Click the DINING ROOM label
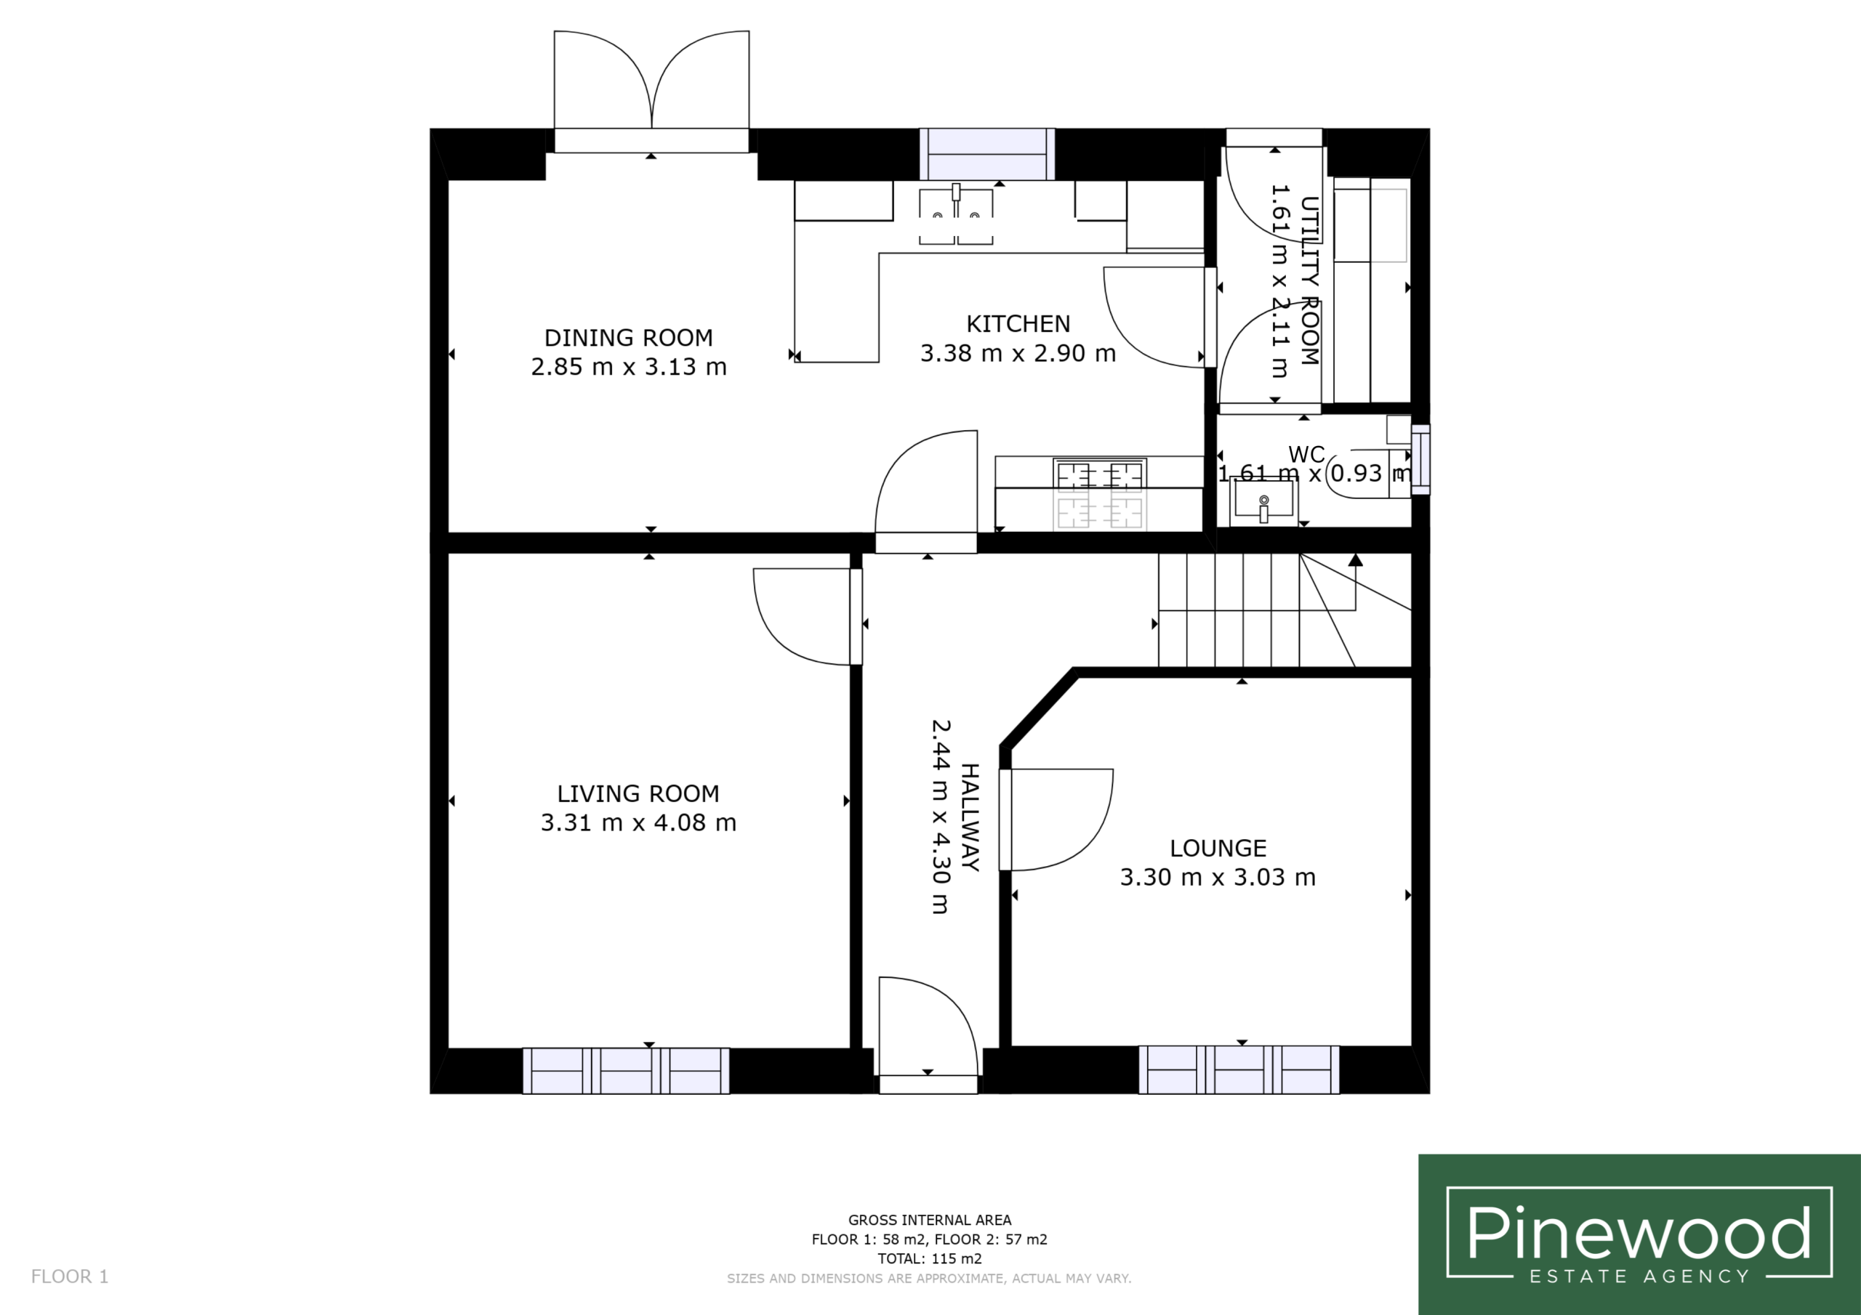coord(628,337)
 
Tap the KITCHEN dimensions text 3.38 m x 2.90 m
coord(1018,353)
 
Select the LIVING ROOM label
coord(638,793)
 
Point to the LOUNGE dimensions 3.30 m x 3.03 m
coord(1218,877)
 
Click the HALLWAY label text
coord(970,817)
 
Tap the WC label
coord(1306,455)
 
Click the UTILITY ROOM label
coord(1310,281)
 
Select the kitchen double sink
coord(957,215)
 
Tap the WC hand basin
coord(1263,500)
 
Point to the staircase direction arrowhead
coord(1355,559)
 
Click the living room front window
coord(626,1070)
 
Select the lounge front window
coord(1239,1069)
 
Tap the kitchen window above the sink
coord(987,154)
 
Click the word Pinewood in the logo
coord(1639,1233)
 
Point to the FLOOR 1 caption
coord(70,1276)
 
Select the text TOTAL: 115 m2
coord(930,1258)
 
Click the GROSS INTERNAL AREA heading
coord(930,1219)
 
